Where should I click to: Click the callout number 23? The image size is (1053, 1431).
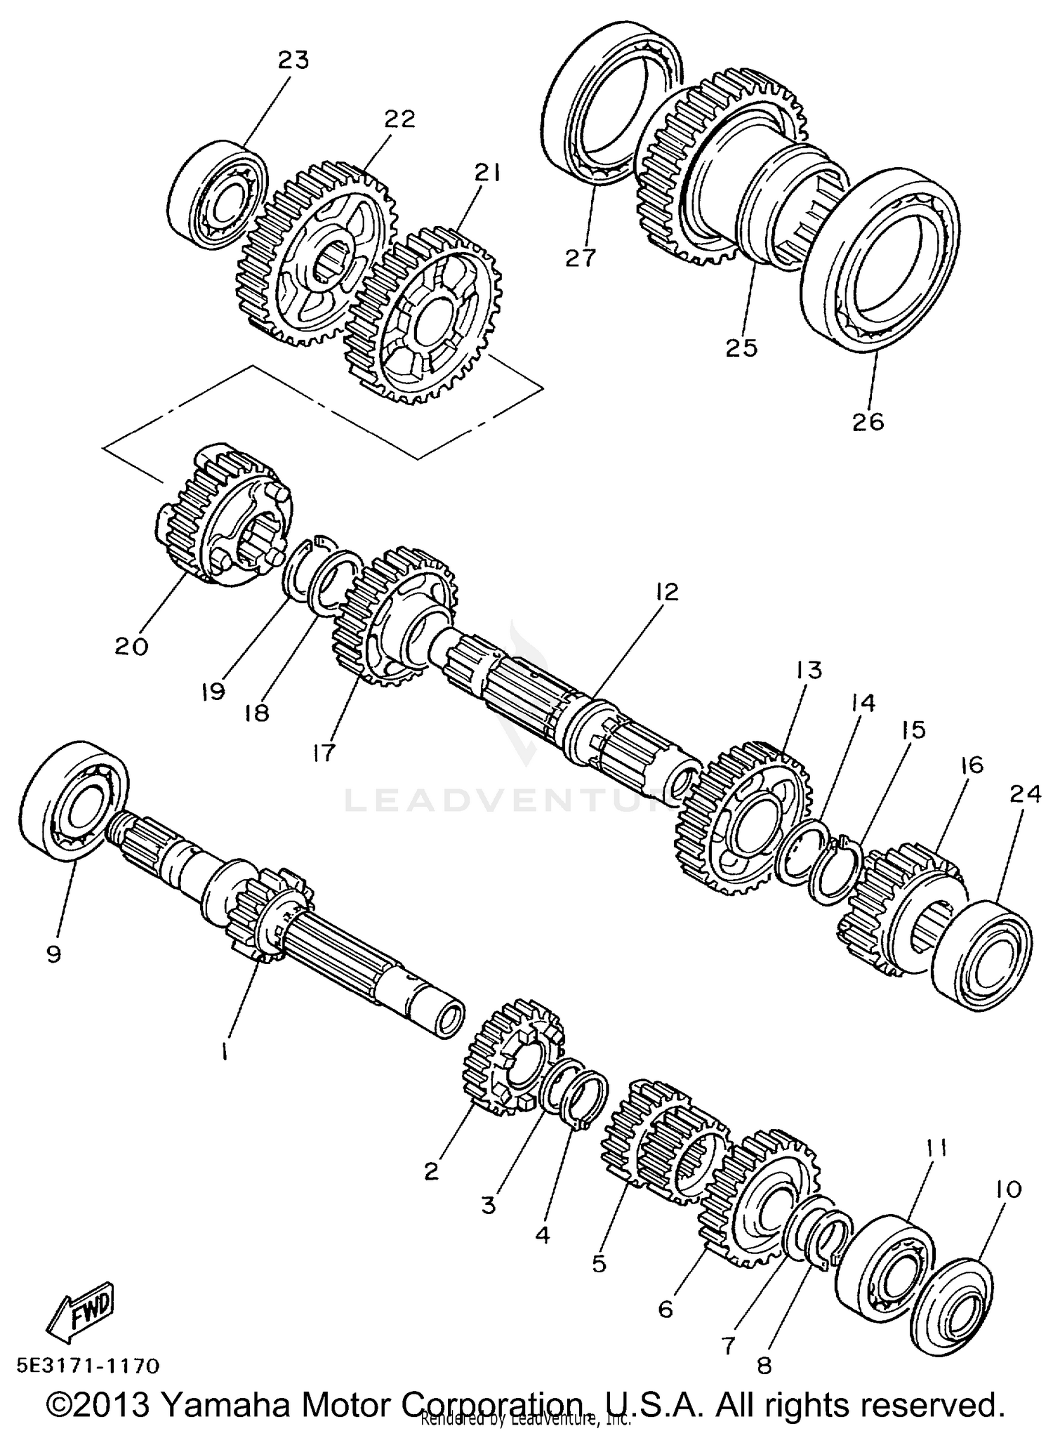293,61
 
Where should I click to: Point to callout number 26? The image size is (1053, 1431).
868,422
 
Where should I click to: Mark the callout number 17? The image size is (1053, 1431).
323,753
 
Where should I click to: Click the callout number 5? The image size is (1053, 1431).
598,1264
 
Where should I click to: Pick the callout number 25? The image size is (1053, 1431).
742,347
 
